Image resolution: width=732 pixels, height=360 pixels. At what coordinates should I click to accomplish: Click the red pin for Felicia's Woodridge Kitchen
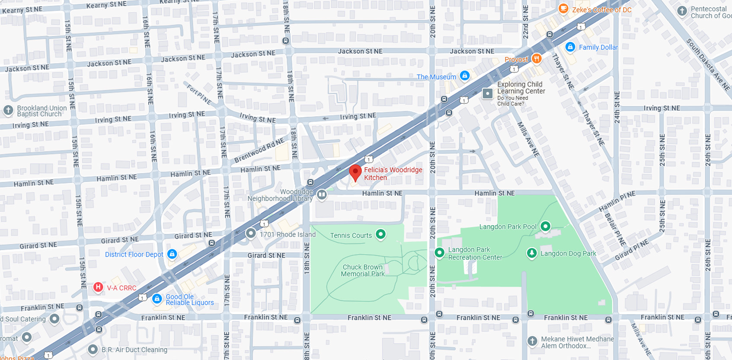click(355, 172)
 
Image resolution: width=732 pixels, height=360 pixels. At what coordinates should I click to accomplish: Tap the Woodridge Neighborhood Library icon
click(322, 195)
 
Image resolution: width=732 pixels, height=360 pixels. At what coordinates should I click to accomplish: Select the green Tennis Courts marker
click(380, 234)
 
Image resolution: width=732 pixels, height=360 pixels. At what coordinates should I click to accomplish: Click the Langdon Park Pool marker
click(546, 226)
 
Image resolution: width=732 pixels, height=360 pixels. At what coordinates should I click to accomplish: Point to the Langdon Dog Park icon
click(532, 253)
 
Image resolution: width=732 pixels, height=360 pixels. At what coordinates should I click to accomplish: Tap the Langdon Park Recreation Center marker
click(439, 252)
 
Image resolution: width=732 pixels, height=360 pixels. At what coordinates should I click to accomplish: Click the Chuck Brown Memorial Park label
click(362, 271)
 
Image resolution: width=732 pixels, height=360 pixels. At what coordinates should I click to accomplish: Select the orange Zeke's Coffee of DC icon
click(563, 8)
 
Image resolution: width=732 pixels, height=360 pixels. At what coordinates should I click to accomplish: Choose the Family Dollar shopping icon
click(570, 47)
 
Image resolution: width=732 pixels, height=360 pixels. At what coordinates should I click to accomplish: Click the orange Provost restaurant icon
click(537, 58)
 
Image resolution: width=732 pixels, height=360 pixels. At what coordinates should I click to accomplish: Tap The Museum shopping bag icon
click(465, 76)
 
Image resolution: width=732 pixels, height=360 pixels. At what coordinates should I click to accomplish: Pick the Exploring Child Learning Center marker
click(488, 93)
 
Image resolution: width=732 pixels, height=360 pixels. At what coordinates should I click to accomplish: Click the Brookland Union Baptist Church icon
click(8, 110)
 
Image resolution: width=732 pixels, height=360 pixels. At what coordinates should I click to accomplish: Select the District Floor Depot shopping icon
click(172, 254)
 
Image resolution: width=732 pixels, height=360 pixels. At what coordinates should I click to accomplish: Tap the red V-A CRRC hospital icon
click(98, 287)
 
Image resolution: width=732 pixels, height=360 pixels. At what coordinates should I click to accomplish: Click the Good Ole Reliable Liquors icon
click(157, 298)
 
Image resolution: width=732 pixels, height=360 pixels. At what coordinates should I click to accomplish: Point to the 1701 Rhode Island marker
click(251, 233)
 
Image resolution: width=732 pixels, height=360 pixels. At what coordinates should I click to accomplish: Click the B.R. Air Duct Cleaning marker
click(93, 349)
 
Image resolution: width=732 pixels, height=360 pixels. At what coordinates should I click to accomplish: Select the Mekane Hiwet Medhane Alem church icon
click(532, 341)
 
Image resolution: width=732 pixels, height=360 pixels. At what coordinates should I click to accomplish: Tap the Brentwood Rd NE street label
click(259, 150)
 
